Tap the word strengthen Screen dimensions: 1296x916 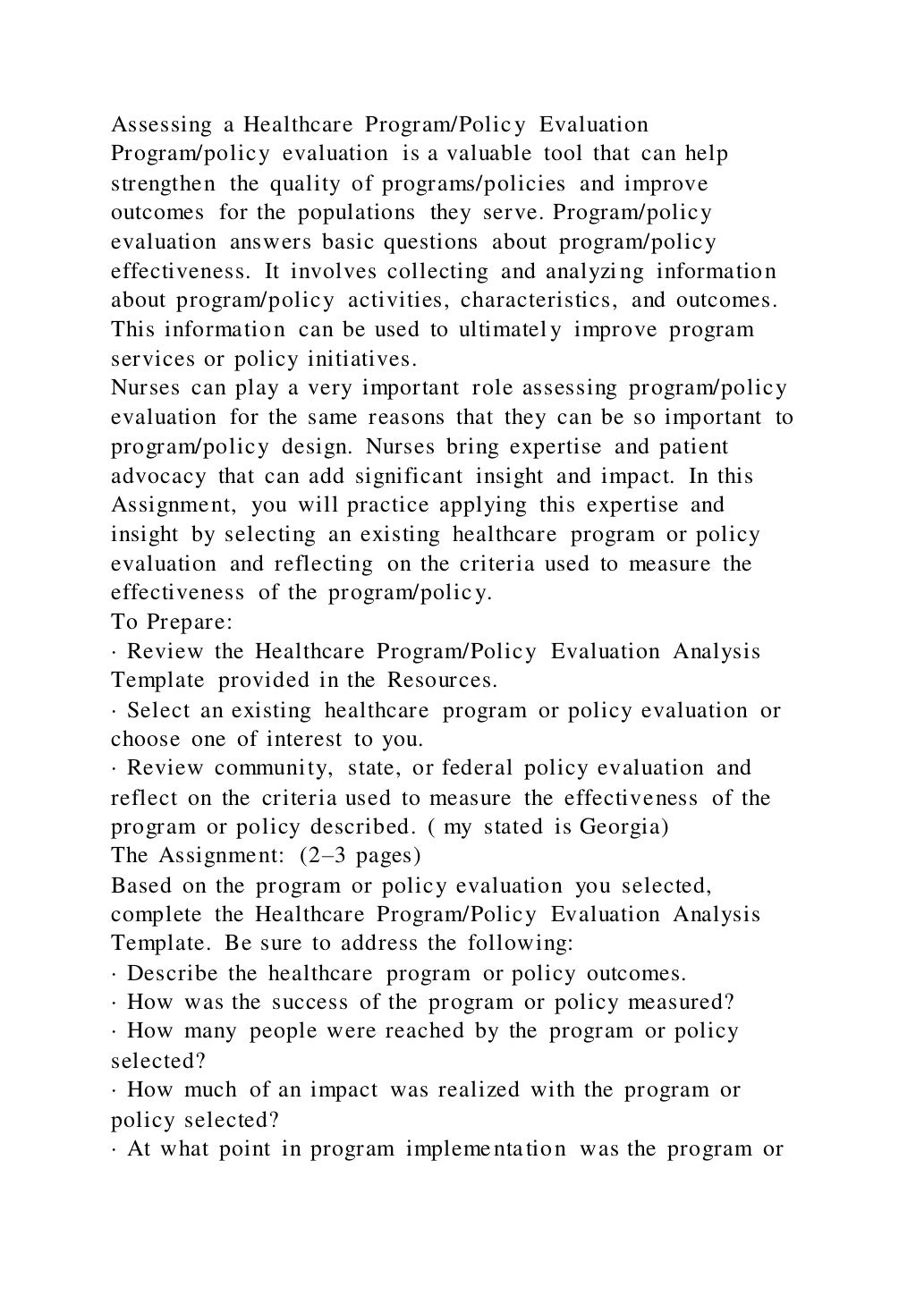click(163, 183)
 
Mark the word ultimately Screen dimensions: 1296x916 click(510, 329)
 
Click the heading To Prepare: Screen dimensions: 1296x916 click(172, 622)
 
